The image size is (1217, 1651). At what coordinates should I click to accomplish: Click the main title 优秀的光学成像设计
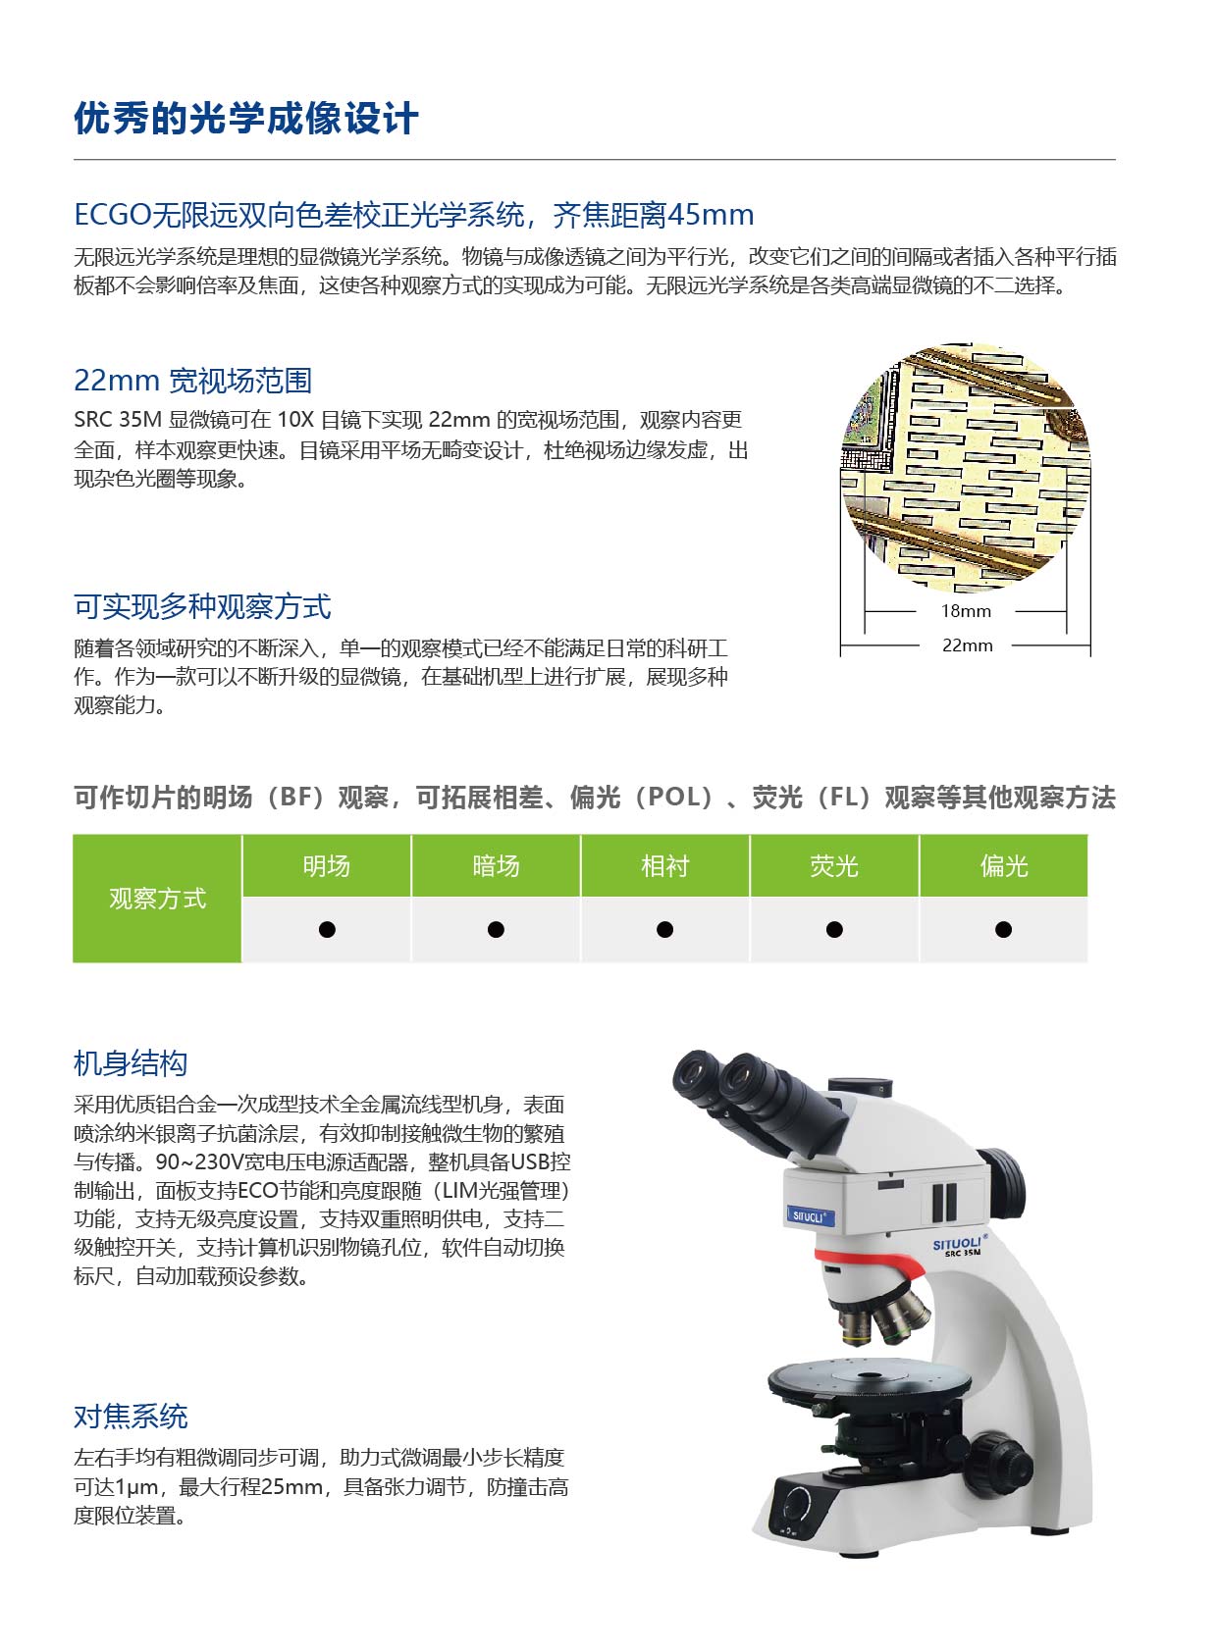(x=246, y=118)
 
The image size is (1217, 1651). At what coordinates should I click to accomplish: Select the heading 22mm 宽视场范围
(x=193, y=381)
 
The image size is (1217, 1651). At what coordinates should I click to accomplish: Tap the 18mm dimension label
(x=966, y=611)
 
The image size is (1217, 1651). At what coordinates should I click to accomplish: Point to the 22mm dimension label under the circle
(x=967, y=645)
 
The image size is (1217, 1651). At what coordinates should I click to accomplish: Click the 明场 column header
(x=327, y=865)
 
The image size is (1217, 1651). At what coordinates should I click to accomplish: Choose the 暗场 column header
(x=496, y=865)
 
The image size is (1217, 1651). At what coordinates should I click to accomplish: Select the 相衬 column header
(x=664, y=865)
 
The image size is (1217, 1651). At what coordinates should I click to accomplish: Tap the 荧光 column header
(x=834, y=865)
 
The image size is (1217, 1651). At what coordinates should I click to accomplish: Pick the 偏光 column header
(x=1004, y=865)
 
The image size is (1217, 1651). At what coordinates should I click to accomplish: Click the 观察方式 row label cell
(x=157, y=899)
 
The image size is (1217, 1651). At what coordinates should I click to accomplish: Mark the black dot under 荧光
(x=834, y=929)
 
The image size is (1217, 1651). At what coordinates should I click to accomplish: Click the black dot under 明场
(x=327, y=929)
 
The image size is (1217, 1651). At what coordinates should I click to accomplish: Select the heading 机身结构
(x=131, y=1063)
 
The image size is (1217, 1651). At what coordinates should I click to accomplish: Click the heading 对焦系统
(x=131, y=1417)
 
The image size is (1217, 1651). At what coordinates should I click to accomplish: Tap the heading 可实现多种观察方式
(x=202, y=606)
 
